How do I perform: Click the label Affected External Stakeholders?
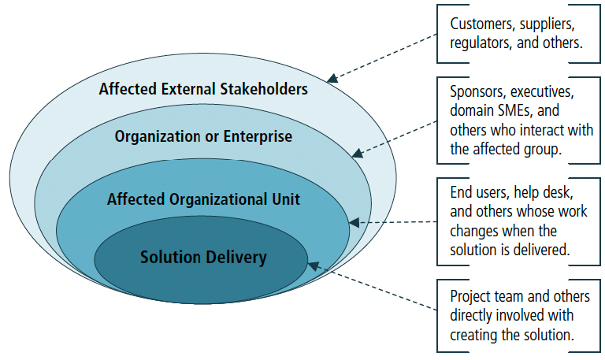203,89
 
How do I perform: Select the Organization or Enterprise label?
203,136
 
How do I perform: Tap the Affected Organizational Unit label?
203,199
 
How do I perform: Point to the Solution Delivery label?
203,258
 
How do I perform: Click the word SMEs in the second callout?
514,111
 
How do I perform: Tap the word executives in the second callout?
543,92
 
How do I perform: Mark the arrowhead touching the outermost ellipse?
332,78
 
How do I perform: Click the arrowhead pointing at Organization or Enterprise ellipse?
358,153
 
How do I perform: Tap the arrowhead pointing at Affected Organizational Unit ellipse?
354,223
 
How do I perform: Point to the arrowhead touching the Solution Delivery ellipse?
314,265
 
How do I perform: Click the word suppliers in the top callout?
547,24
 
